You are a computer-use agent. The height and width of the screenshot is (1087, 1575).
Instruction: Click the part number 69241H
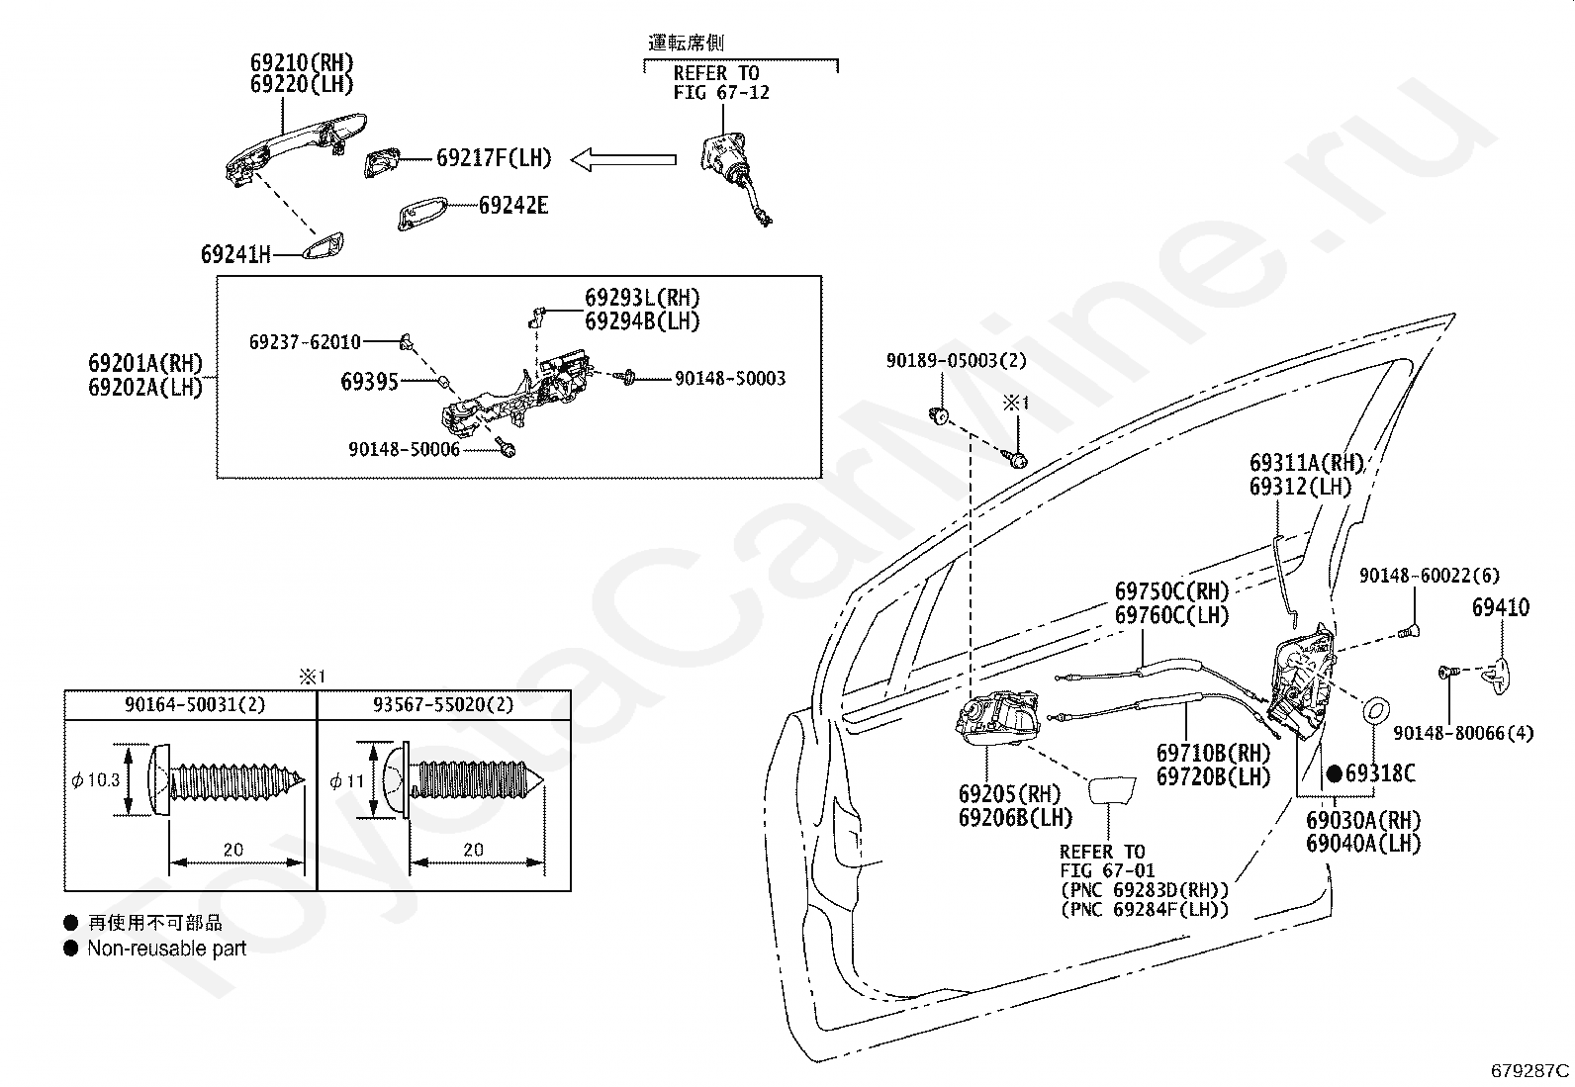pos(235,254)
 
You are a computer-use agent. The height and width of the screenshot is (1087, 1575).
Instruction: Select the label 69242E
pos(513,206)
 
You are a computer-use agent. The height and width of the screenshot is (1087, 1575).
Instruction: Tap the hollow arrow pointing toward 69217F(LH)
pos(623,160)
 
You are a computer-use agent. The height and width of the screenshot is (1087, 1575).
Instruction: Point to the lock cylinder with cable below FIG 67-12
pos(735,176)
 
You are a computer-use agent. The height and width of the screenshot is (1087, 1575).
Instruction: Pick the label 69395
pos(369,382)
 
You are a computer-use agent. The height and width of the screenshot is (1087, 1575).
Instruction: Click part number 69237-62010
pos(305,342)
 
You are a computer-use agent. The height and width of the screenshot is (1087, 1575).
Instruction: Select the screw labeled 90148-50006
pos(507,446)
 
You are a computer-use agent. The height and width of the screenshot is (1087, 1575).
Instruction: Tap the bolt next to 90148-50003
pos(625,378)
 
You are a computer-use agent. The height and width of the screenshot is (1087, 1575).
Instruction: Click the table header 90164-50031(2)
pos(195,704)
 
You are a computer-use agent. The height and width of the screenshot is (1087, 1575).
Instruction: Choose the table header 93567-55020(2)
pos(443,704)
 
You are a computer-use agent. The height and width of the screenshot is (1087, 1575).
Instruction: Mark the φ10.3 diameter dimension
pos(96,779)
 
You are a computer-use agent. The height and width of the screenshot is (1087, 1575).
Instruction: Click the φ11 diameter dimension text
pos(346,781)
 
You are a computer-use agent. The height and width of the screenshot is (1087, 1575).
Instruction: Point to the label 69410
pos(1501,607)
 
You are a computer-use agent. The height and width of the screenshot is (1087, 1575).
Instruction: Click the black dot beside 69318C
pos(1334,774)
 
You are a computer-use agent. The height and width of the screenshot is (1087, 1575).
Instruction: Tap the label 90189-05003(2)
pos(957,361)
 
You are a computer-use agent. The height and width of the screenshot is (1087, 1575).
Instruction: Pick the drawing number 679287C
pos(1530,1071)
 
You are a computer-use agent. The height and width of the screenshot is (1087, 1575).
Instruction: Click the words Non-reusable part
pos(166,949)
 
